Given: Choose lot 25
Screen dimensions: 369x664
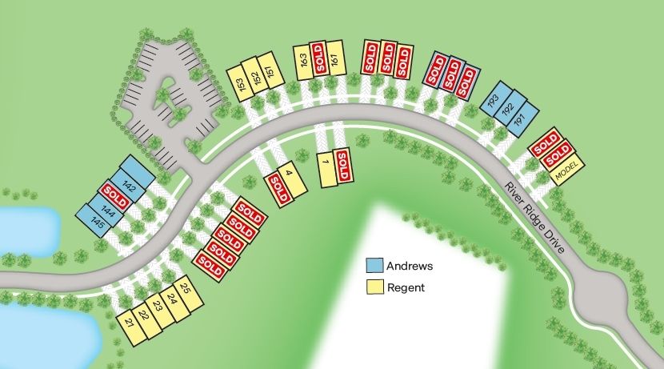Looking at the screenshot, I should point(185,290).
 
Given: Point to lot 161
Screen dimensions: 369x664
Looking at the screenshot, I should point(334,58).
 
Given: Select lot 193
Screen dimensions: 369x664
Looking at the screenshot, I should point(493,100).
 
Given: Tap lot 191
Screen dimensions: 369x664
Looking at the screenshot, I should point(518,118).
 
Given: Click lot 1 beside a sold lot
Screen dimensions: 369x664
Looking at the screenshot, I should point(326,169).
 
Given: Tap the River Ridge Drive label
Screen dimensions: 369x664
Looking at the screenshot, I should point(536,219).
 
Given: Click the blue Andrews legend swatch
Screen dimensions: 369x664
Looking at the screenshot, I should point(374,266).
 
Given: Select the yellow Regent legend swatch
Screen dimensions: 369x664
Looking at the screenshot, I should point(374,287).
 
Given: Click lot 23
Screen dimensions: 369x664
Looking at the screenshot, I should point(157,307).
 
